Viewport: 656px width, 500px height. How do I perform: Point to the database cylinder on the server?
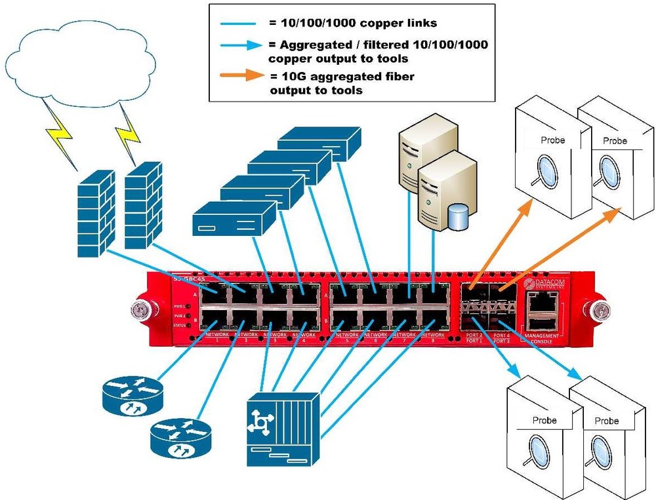pyautogui.click(x=459, y=216)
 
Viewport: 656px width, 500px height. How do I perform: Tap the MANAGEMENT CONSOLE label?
pyautogui.click(x=542, y=337)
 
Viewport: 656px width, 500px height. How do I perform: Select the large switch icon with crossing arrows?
pyautogui.click(x=283, y=429)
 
